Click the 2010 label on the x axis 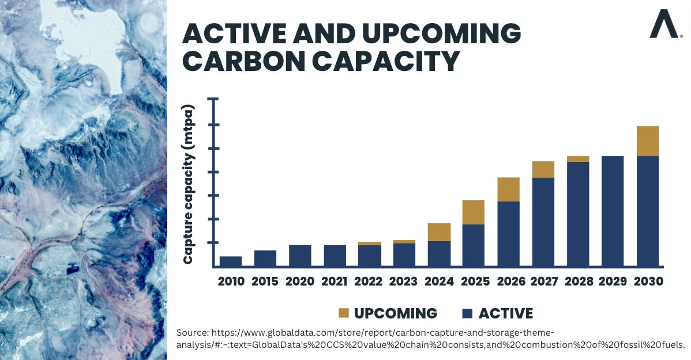[x=231, y=282]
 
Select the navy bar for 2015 [x=265, y=258]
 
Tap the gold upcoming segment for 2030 [x=647, y=141]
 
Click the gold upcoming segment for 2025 [x=474, y=212]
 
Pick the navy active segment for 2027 [x=543, y=222]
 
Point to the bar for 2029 [x=613, y=211]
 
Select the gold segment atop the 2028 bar [x=578, y=159]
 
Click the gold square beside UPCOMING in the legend [x=343, y=314]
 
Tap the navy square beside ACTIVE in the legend [x=468, y=314]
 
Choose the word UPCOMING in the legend [x=396, y=314]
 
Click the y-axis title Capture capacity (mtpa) [x=189, y=185]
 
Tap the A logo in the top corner [x=663, y=25]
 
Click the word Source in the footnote [x=192, y=333]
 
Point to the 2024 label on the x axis [x=439, y=282]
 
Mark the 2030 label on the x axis [x=647, y=282]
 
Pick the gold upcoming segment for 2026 [x=508, y=189]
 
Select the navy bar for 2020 [x=300, y=256]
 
